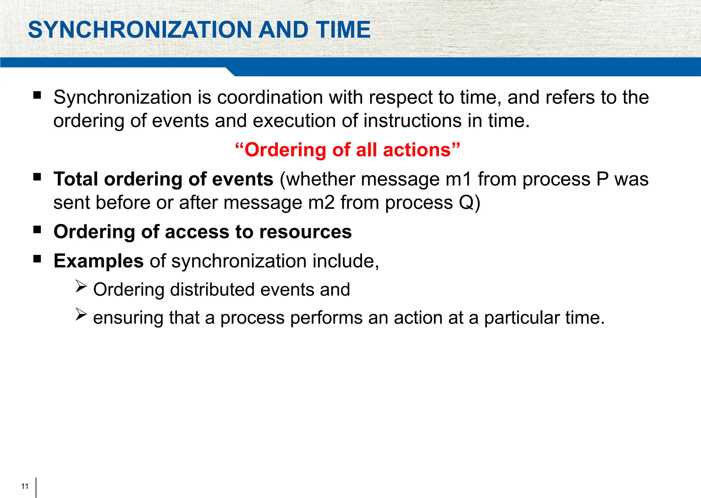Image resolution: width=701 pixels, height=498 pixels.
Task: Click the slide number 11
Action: pos(25,486)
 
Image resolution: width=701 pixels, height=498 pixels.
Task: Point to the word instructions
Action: pos(412,121)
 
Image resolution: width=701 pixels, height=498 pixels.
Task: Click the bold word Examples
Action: pos(99,261)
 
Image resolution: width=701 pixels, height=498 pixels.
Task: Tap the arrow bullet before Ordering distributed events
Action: pos(81,286)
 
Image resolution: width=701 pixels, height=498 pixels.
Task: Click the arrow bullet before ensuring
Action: pos(81,314)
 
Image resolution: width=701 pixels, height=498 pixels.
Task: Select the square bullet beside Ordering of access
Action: pos(37,229)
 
